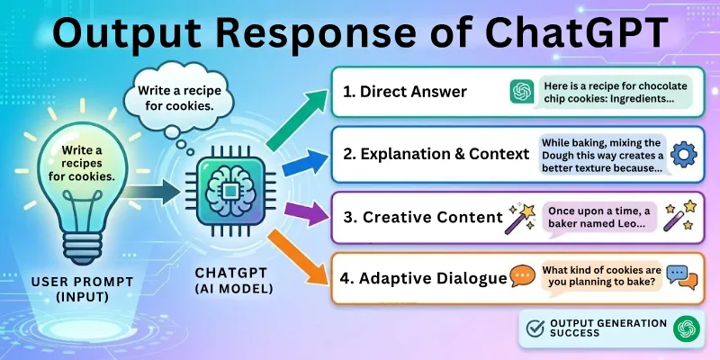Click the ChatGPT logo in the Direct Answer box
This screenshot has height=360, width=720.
pyautogui.click(x=521, y=91)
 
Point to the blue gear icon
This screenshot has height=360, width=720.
pyautogui.click(x=685, y=154)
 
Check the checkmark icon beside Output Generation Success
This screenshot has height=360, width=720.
pyautogui.click(x=537, y=329)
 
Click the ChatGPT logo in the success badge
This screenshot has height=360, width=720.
pyautogui.click(x=688, y=329)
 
